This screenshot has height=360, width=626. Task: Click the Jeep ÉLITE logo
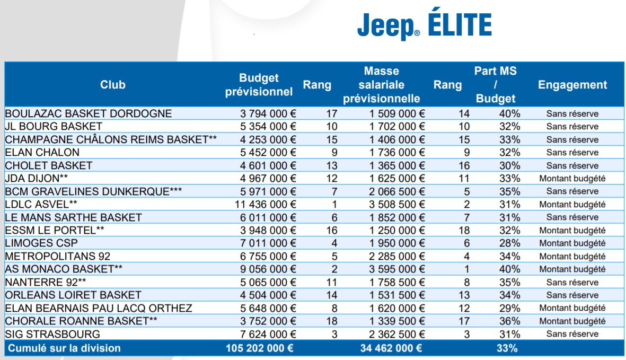tap(424, 25)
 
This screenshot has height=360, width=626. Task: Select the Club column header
tap(112, 85)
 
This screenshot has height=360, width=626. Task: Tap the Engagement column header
tap(572, 85)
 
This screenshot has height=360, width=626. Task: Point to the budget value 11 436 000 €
tap(266, 204)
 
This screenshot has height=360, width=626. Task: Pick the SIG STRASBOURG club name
tap(52, 334)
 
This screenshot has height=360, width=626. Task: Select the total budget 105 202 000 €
tap(259, 348)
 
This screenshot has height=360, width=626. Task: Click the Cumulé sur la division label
tap(63, 348)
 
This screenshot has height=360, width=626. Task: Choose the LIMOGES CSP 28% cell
tap(509, 243)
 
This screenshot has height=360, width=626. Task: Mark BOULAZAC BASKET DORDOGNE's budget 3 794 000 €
tap(268, 113)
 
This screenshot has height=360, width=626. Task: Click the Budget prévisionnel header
tap(259, 85)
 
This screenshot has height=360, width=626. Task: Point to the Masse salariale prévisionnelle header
tap(382, 85)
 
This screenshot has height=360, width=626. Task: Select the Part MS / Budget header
tap(496, 85)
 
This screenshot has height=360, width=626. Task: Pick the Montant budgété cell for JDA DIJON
tap(572, 178)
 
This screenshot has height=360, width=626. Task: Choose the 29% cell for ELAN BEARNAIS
tap(509, 308)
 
